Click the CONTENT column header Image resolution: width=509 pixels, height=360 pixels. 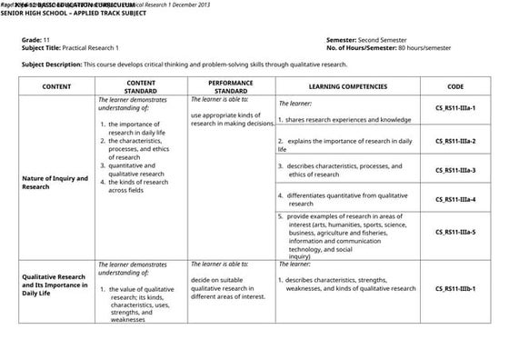click(x=56, y=86)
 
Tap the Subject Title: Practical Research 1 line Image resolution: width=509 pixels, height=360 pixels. click(x=76, y=49)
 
